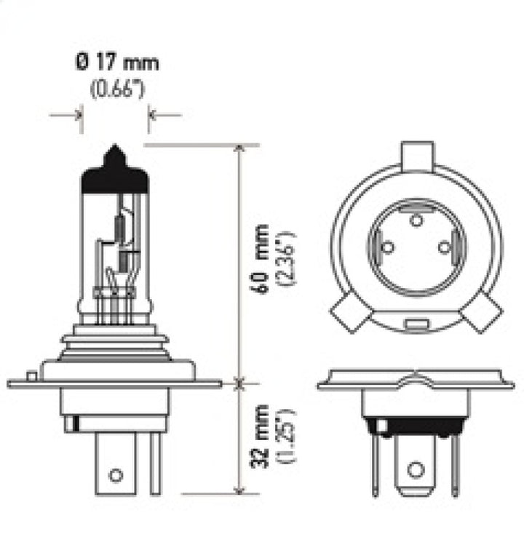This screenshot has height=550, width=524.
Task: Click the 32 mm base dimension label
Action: click(263, 435)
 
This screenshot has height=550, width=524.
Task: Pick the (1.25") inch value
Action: click(285, 435)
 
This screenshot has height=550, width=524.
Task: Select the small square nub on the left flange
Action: click(31, 376)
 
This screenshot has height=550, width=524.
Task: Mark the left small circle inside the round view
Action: click(388, 247)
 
